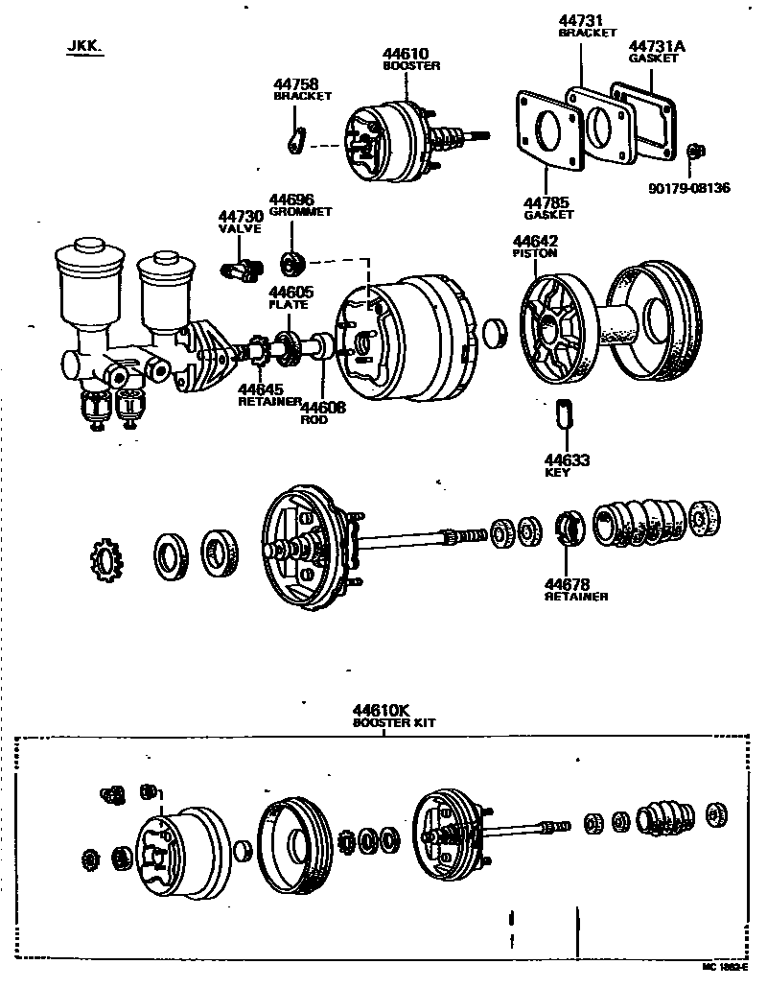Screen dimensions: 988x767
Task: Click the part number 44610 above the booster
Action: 405,54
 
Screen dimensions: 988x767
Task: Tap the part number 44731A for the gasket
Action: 653,45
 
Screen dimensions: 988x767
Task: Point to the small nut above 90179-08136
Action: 698,151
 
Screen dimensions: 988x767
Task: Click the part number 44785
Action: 546,202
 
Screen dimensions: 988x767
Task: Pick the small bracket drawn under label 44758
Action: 297,141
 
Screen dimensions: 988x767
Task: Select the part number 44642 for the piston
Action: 535,241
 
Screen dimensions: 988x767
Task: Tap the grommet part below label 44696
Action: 291,261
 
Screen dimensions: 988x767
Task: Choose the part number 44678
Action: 569,583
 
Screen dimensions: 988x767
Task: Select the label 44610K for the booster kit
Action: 381,710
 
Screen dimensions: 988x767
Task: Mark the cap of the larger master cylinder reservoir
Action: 90,252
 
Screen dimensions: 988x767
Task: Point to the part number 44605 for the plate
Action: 290,292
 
